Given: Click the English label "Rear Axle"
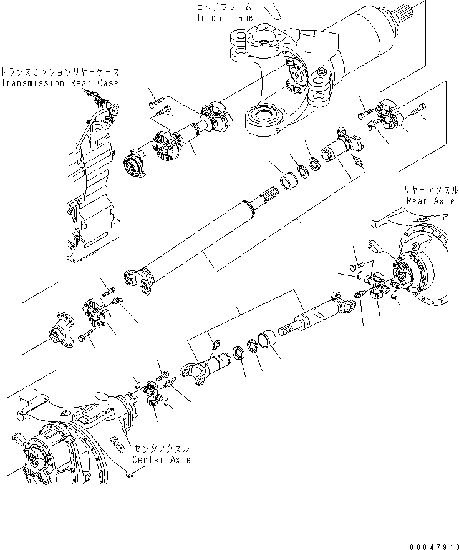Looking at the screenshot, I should tap(430, 200).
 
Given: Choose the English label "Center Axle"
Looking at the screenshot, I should tap(161, 460).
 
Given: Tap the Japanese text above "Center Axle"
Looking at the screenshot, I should tap(162, 449).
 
